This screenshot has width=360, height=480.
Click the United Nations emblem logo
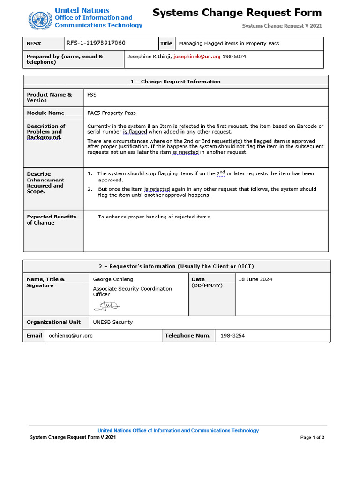[x=39, y=20]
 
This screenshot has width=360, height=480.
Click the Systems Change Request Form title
[x=237, y=13]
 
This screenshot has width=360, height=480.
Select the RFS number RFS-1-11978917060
[x=96, y=43]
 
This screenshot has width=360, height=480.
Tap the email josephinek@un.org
[x=196, y=56]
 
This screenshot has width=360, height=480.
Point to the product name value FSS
[x=92, y=95]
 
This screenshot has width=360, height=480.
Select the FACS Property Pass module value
[x=112, y=113]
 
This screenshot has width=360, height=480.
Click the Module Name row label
[x=45, y=113]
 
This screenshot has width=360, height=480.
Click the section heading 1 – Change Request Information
[x=175, y=82]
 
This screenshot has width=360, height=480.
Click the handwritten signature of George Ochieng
[x=106, y=306]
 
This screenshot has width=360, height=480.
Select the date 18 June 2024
[x=255, y=279]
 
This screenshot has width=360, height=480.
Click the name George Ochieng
[x=113, y=279]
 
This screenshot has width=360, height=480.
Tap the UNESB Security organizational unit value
[x=112, y=322]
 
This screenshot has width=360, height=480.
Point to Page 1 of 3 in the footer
[x=312, y=437]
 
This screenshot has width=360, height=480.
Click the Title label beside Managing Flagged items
[x=166, y=43]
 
